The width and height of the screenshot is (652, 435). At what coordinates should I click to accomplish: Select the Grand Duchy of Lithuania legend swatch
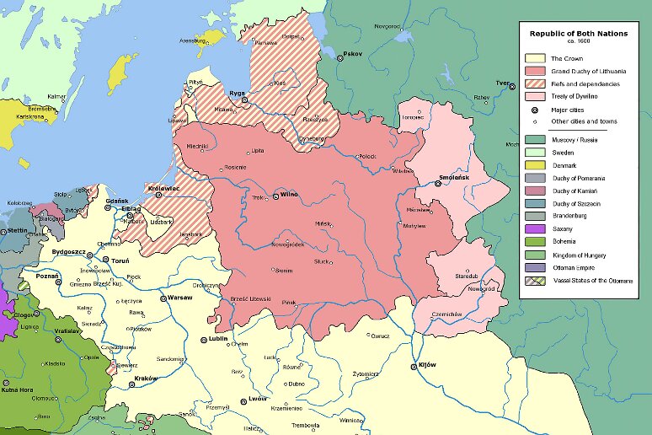pos(535,72)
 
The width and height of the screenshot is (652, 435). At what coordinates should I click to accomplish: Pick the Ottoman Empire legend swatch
pos(535,267)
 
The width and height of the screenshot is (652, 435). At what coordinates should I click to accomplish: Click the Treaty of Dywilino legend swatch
pos(535,97)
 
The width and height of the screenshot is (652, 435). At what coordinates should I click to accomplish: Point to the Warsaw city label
pos(180,298)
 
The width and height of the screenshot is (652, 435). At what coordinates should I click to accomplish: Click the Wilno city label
pos(288,195)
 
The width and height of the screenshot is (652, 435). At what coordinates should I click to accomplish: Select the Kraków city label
pos(145,379)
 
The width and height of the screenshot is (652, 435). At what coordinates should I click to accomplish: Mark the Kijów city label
pos(428,365)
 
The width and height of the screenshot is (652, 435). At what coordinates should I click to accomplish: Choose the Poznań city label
pos(47,276)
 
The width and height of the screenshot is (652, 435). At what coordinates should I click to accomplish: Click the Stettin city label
pos(17,230)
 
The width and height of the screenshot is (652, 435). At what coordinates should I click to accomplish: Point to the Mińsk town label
pos(323,223)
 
